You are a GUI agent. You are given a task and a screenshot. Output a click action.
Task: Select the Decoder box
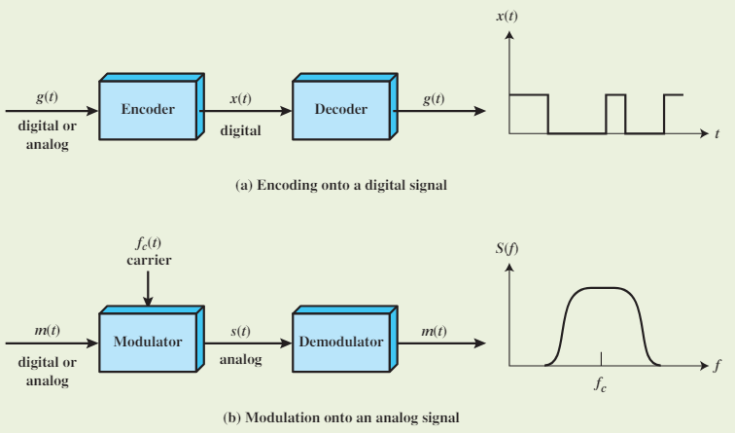[340, 110]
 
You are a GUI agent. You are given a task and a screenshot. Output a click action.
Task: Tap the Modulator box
[147, 343]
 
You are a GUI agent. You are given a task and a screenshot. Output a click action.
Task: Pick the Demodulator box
[340, 343]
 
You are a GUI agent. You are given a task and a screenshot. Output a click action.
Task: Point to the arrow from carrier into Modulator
[147, 287]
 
